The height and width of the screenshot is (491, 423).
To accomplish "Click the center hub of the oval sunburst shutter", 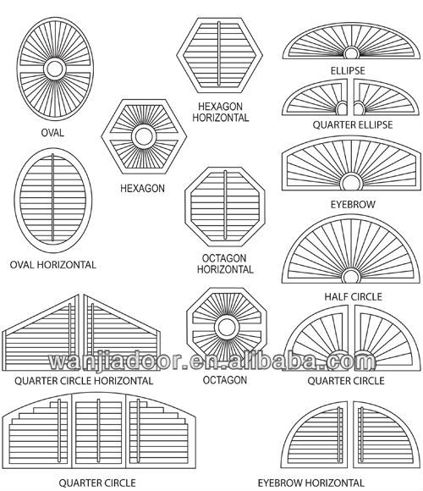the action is [55, 69].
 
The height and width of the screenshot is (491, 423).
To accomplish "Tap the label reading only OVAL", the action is [52, 132].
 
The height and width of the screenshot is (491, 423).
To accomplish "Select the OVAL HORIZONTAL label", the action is [52, 265].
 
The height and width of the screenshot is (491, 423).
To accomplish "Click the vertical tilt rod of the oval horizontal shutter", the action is [52, 197].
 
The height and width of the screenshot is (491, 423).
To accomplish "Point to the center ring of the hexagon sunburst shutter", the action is [144, 136].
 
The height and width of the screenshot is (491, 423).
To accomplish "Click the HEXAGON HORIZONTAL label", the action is [221, 112].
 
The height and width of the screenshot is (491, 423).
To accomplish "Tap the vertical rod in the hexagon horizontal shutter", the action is [219, 53].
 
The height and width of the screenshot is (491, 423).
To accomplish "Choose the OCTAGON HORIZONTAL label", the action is [225, 263].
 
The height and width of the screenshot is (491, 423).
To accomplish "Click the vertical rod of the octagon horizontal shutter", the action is [225, 205].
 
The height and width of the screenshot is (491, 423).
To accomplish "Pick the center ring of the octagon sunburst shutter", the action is [227, 328].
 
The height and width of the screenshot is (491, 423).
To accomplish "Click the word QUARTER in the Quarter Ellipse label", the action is [330, 124].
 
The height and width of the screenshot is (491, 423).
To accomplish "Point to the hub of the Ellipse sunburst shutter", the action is [351, 53].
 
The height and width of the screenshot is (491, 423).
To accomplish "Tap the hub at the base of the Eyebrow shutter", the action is [351, 183].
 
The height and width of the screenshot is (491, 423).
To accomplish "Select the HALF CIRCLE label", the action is [354, 296].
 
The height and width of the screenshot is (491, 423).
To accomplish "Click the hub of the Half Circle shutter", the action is [351, 276].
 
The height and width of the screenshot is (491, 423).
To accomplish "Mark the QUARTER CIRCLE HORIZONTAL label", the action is [84, 380].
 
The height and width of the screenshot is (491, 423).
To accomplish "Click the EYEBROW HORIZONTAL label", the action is [311, 483].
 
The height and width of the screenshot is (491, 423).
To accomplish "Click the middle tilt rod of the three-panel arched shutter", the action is [98, 431].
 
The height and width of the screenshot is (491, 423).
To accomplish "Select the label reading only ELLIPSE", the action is [348, 70].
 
